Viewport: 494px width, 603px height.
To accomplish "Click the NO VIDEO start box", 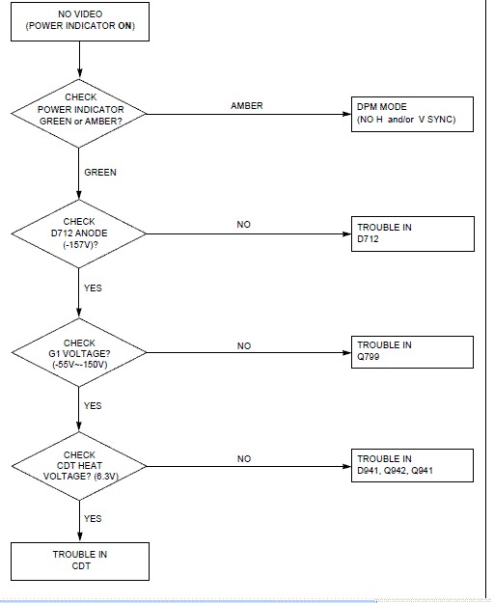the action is [x=80, y=21].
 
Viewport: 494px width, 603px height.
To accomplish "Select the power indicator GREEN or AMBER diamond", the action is [x=79, y=114].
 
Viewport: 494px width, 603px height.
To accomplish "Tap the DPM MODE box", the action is [x=412, y=114].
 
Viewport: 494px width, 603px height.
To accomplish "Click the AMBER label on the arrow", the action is [x=247, y=106].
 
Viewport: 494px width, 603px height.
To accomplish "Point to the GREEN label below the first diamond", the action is [x=100, y=173].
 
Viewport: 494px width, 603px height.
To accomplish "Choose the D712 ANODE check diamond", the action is [x=79, y=233].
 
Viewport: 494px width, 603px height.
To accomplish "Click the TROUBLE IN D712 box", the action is [x=413, y=233].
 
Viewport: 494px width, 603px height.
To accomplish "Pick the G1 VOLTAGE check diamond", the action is [x=79, y=353].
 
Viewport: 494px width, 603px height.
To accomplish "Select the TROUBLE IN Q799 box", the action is [x=412, y=352].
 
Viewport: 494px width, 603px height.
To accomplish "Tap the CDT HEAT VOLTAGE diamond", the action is [x=79, y=466].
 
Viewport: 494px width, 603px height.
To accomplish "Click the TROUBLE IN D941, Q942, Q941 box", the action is [x=412, y=465].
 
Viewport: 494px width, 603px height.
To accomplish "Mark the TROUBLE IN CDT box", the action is [x=80, y=562].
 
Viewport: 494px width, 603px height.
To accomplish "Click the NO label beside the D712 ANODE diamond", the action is [x=244, y=225].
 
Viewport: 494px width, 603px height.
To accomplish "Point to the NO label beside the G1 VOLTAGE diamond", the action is [x=244, y=346].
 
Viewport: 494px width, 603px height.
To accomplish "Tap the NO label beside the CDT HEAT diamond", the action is [x=244, y=459].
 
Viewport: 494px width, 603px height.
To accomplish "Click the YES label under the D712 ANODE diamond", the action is [x=93, y=288].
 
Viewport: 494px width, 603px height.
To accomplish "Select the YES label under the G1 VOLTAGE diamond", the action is [x=93, y=406].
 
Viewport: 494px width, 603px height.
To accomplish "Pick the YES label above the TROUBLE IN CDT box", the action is [x=93, y=518].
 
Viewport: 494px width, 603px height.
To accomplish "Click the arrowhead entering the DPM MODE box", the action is [x=346, y=114].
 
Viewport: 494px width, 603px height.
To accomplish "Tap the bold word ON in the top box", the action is [x=124, y=26].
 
